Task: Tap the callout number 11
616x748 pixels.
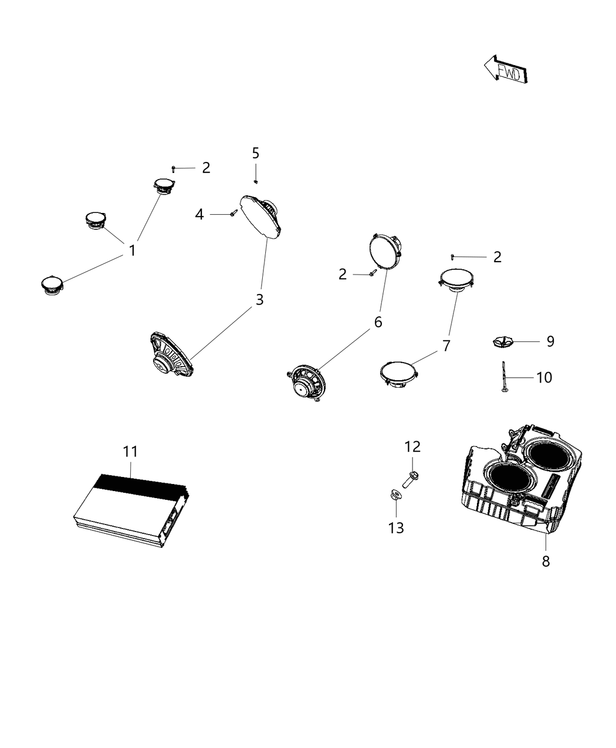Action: [130, 451]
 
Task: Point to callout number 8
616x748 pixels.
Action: [546, 561]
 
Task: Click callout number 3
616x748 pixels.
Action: [259, 300]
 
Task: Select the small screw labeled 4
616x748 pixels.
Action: [233, 214]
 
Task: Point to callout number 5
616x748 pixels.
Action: [255, 153]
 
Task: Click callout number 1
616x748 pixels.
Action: [132, 251]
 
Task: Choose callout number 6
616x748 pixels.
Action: [378, 321]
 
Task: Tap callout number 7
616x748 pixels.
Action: [446, 346]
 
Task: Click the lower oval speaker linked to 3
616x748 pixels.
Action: [170, 357]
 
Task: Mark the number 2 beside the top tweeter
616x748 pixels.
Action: [206, 168]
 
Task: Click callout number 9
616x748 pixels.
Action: [550, 341]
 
